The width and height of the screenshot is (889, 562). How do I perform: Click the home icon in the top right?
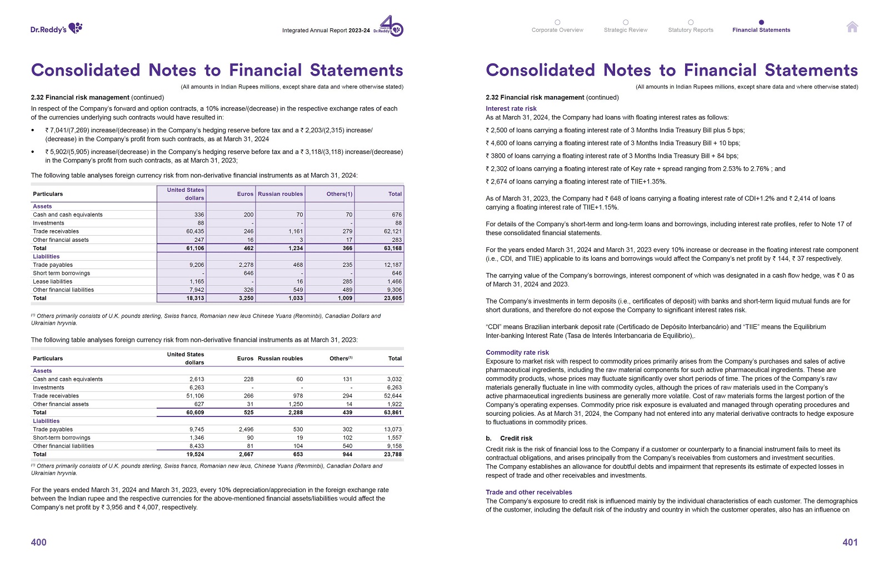click(x=852, y=27)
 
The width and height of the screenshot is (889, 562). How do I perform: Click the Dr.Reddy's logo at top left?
click(x=56, y=28)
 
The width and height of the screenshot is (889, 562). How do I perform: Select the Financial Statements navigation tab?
click(x=761, y=30)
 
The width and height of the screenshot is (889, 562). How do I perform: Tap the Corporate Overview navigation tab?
click(x=557, y=30)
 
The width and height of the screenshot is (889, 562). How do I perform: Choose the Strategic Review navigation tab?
click(x=626, y=30)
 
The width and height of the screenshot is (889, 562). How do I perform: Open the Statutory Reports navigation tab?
click(x=691, y=30)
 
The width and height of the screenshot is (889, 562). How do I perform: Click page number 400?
click(x=39, y=542)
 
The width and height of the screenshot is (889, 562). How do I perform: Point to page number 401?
click(x=850, y=542)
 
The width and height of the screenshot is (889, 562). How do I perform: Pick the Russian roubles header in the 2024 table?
click(x=280, y=194)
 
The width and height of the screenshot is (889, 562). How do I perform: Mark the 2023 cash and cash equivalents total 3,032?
click(x=394, y=379)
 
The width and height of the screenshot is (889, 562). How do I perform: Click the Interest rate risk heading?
click(x=511, y=108)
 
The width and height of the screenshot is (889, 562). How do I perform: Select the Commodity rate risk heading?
click(x=517, y=352)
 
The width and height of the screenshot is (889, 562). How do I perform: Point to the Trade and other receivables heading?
click(x=528, y=492)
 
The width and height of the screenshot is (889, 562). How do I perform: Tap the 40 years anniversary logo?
click(x=391, y=26)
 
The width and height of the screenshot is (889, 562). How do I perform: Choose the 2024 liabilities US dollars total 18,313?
click(x=195, y=299)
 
